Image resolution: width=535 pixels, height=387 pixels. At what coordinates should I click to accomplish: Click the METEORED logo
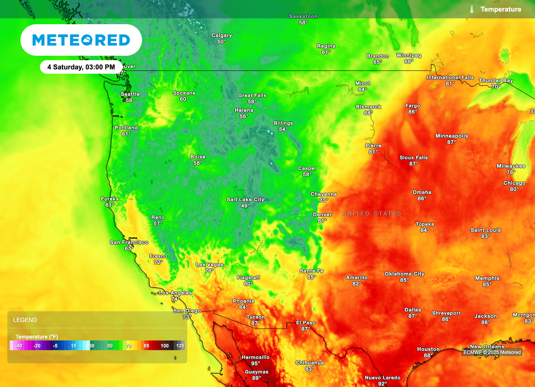pyautogui.click(x=81, y=40)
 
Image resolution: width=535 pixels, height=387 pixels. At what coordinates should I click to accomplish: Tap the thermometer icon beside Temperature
pyautogui.click(x=471, y=9)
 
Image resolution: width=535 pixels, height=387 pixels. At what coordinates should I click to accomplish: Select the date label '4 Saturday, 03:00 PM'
pyautogui.click(x=81, y=67)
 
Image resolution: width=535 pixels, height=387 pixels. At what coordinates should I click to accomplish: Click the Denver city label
pyautogui.click(x=322, y=215)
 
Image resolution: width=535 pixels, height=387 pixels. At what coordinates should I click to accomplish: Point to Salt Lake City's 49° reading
pyautogui.click(x=245, y=206)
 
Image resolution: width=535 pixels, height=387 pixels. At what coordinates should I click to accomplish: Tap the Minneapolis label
pyautogui.click(x=451, y=136)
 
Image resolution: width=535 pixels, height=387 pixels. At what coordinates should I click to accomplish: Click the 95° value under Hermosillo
pyautogui.click(x=255, y=364)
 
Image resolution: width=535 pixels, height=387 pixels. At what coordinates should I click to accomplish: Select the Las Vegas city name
pyautogui.click(x=209, y=265)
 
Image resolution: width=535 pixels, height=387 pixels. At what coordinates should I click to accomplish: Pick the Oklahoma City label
pyautogui.click(x=404, y=274)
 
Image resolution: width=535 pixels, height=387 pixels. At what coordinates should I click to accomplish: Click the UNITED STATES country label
pyautogui.click(x=372, y=214)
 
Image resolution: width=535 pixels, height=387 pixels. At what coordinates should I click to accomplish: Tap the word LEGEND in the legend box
pyautogui.click(x=25, y=320)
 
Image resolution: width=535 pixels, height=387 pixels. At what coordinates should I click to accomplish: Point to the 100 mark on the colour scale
pyautogui.click(x=165, y=346)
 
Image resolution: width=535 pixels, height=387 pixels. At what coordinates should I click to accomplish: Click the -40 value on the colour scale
pyautogui.click(x=19, y=346)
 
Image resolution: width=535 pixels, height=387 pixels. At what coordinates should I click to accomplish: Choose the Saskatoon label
pyautogui.click(x=303, y=17)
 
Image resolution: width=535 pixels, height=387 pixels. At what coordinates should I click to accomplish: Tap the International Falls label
pyautogui.click(x=450, y=78)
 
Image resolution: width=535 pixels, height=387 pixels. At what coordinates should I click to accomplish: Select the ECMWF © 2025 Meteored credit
pyautogui.click(x=492, y=352)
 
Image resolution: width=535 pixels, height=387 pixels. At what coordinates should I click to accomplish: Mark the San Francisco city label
pyautogui.click(x=129, y=242)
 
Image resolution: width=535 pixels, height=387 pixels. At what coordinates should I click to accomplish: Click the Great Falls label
pyautogui.click(x=252, y=96)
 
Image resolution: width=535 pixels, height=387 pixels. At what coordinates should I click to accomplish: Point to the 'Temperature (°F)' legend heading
pyautogui.click(x=37, y=336)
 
